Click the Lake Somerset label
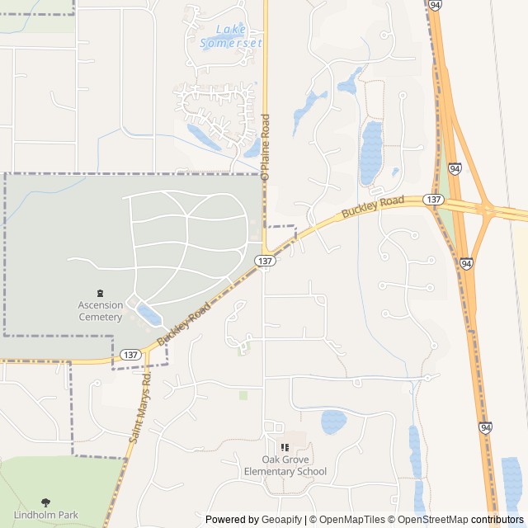pyautogui.click(x=231, y=36)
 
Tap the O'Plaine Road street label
pyautogui.click(x=265, y=148)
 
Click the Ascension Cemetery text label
pyautogui.click(x=101, y=310)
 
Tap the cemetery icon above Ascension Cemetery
pyautogui.click(x=101, y=293)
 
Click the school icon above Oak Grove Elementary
pyautogui.click(x=285, y=447)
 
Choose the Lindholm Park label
pyautogui.click(x=45, y=515)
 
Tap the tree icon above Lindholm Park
pyautogui.click(x=45, y=501)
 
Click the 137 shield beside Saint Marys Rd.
pyautogui.click(x=130, y=354)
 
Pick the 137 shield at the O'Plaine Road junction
pyautogui.click(x=264, y=261)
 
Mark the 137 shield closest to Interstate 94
pyautogui.click(x=434, y=200)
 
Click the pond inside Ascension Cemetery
pyautogui.click(x=149, y=313)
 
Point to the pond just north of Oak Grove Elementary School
pyautogui.click(x=333, y=422)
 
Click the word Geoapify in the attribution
pyautogui.click(x=282, y=520)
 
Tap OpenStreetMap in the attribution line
pyautogui.click(x=434, y=520)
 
